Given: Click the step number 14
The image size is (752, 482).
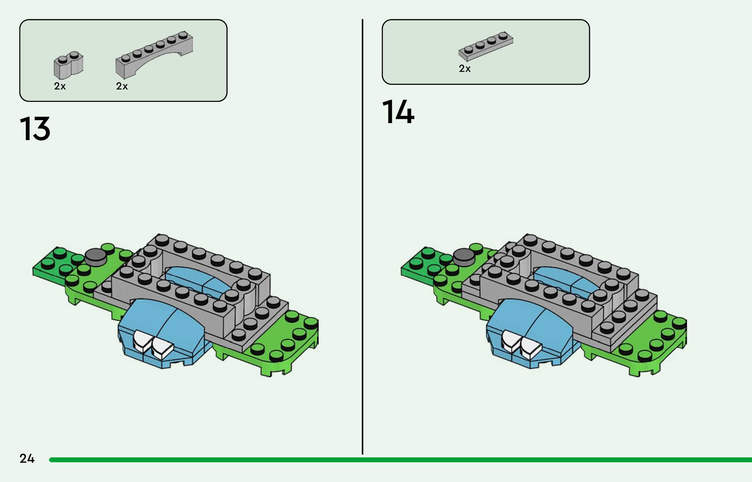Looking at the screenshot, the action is tap(398, 112).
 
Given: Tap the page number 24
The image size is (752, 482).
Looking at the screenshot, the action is tap(27, 458).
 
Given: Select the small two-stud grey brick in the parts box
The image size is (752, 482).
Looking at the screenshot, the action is tap(68, 65).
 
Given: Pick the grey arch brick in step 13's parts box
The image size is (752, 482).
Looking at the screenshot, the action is tap(153, 54).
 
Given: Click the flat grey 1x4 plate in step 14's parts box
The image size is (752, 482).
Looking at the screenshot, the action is tap(486, 46).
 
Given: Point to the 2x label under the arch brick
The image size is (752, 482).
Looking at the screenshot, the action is tap(122, 86).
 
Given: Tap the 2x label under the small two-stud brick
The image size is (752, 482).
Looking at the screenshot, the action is tap(60, 86).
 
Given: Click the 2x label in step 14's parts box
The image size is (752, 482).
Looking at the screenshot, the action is tap(465, 69).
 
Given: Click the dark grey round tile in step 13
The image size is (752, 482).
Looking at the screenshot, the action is tap(95, 257).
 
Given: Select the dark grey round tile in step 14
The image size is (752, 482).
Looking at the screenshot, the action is tap(464, 257).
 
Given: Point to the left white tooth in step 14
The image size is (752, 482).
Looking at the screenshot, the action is tap(510, 341).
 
